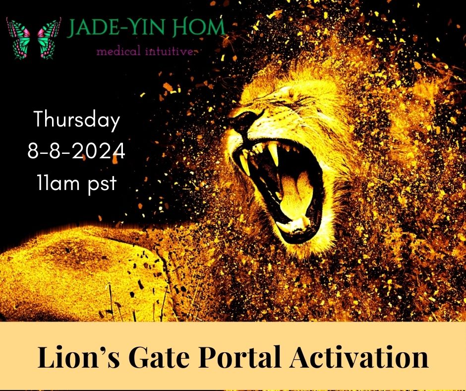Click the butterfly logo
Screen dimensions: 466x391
tap(34, 38)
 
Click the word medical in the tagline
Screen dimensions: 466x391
tap(118, 52)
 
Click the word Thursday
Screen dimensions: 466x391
tap(77, 120)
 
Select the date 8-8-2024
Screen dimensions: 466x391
tap(76, 151)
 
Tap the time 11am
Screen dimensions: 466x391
tap(58, 182)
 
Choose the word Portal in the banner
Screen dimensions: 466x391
tap(239, 356)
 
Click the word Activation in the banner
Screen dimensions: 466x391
tap(359, 356)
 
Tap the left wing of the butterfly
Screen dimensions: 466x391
tap(18, 38)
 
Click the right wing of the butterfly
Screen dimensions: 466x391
tap(50, 38)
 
